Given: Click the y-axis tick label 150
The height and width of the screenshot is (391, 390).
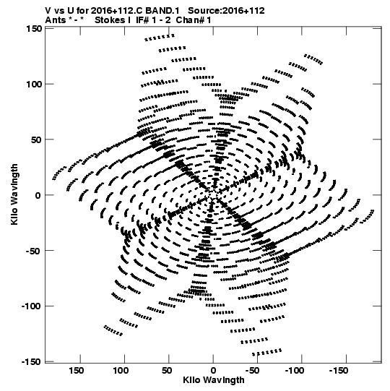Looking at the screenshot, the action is tap(34, 29).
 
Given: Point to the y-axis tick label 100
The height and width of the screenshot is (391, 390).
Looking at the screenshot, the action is tap(34, 85).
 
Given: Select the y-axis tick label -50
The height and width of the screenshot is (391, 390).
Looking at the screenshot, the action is tap(33, 251).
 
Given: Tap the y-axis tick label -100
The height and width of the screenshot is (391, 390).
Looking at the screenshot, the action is tap(31, 306).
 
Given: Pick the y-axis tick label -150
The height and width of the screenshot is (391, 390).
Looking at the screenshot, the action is tap(31, 362).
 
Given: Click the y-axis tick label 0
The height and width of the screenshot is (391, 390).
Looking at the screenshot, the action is tap(38, 195).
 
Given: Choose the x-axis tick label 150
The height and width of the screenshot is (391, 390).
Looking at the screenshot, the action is tap(76, 371).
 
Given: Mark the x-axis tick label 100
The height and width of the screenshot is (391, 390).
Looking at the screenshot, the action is tap(121, 371).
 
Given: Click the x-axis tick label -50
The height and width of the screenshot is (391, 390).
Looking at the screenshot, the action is tap(252, 371).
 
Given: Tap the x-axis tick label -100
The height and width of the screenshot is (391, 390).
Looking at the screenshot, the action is tap(295, 371).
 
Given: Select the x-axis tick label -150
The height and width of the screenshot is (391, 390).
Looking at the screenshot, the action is tap(339, 371).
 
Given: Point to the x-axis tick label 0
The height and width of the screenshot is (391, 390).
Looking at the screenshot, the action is tap(213, 371).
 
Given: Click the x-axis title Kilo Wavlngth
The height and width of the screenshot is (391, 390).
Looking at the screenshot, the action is tap(214, 380).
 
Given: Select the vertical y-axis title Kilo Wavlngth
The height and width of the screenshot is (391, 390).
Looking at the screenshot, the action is tap(14, 194).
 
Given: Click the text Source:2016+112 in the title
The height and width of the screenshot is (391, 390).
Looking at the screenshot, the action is tap(226, 11).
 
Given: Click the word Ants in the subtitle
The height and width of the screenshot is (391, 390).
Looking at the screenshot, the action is tap(55, 20).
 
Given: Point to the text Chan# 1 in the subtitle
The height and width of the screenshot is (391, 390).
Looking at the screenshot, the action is tap(194, 20).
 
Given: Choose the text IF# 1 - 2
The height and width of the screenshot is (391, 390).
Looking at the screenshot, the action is tap(153, 20).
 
